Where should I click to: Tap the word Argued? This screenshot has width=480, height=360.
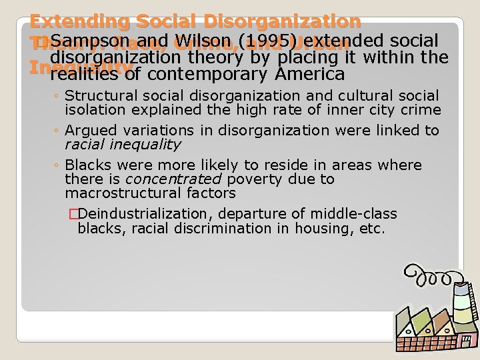(x=89, y=131)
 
